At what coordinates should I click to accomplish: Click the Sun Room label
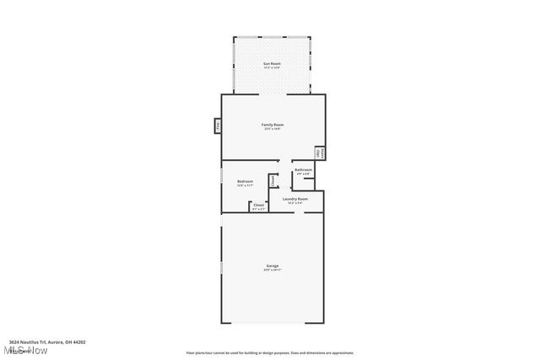272,63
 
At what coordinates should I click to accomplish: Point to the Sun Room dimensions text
272,67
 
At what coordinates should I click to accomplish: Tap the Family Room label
272,125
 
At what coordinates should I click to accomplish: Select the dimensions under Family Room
272,129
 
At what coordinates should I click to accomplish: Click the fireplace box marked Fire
217,126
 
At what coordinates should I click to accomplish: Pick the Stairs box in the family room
320,153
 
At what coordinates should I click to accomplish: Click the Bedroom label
246,180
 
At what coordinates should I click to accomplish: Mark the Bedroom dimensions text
246,185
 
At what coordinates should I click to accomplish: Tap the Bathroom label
303,169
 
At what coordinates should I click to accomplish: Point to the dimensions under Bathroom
303,175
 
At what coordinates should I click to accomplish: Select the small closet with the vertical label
273,180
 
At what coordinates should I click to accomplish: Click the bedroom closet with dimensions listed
258,206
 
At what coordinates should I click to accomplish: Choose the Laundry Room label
294,199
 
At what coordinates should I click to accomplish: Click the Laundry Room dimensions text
294,203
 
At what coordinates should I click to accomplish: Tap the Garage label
272,266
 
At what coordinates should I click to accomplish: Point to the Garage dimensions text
272,270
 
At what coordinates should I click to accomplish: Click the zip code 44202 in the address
78,342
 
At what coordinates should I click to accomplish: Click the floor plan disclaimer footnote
270,353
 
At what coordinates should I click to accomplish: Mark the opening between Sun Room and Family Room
272,94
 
